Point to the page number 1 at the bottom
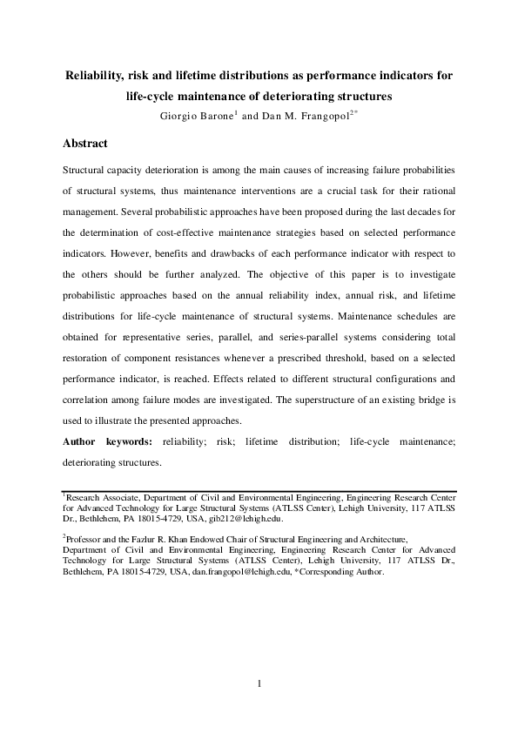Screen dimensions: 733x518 [x=259, y=683]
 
